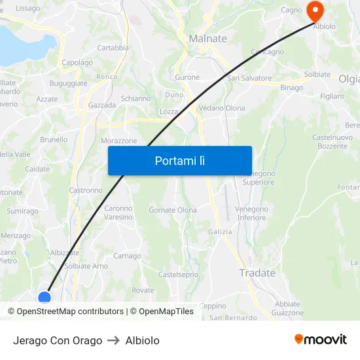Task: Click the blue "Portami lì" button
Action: pos(180,160)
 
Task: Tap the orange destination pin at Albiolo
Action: pos(315,11)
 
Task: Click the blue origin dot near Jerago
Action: pos(45,298)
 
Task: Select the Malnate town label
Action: pos(207,39)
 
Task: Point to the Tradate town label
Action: pos(257,273)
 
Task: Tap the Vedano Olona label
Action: pos(222,108)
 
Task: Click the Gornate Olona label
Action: pos(173,210)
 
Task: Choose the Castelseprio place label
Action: pos(178,274)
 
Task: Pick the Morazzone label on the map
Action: pos(119,141)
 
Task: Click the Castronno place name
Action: pos(86,190)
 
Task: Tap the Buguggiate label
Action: pos(69,84)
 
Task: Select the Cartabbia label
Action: pos(113,48)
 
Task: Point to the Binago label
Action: pos(292,88)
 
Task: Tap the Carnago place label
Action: pos(127,256)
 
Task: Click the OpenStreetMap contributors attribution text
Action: pos(70,312)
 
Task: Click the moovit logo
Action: pos(321,339)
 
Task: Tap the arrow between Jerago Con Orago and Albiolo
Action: pos(114,340)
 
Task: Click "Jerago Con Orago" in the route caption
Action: pos(58,340)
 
